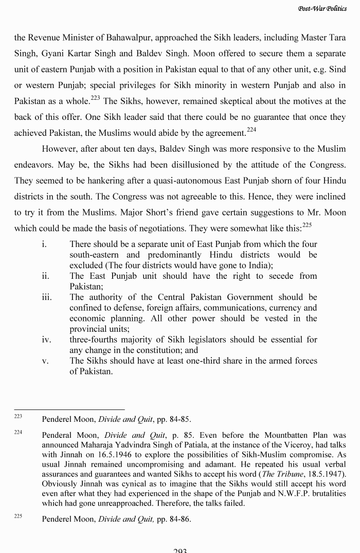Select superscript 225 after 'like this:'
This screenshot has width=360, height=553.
tap(307, 225)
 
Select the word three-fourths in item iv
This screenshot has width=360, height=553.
tap(94, 340)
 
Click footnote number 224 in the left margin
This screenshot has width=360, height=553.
tap(18, 433)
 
